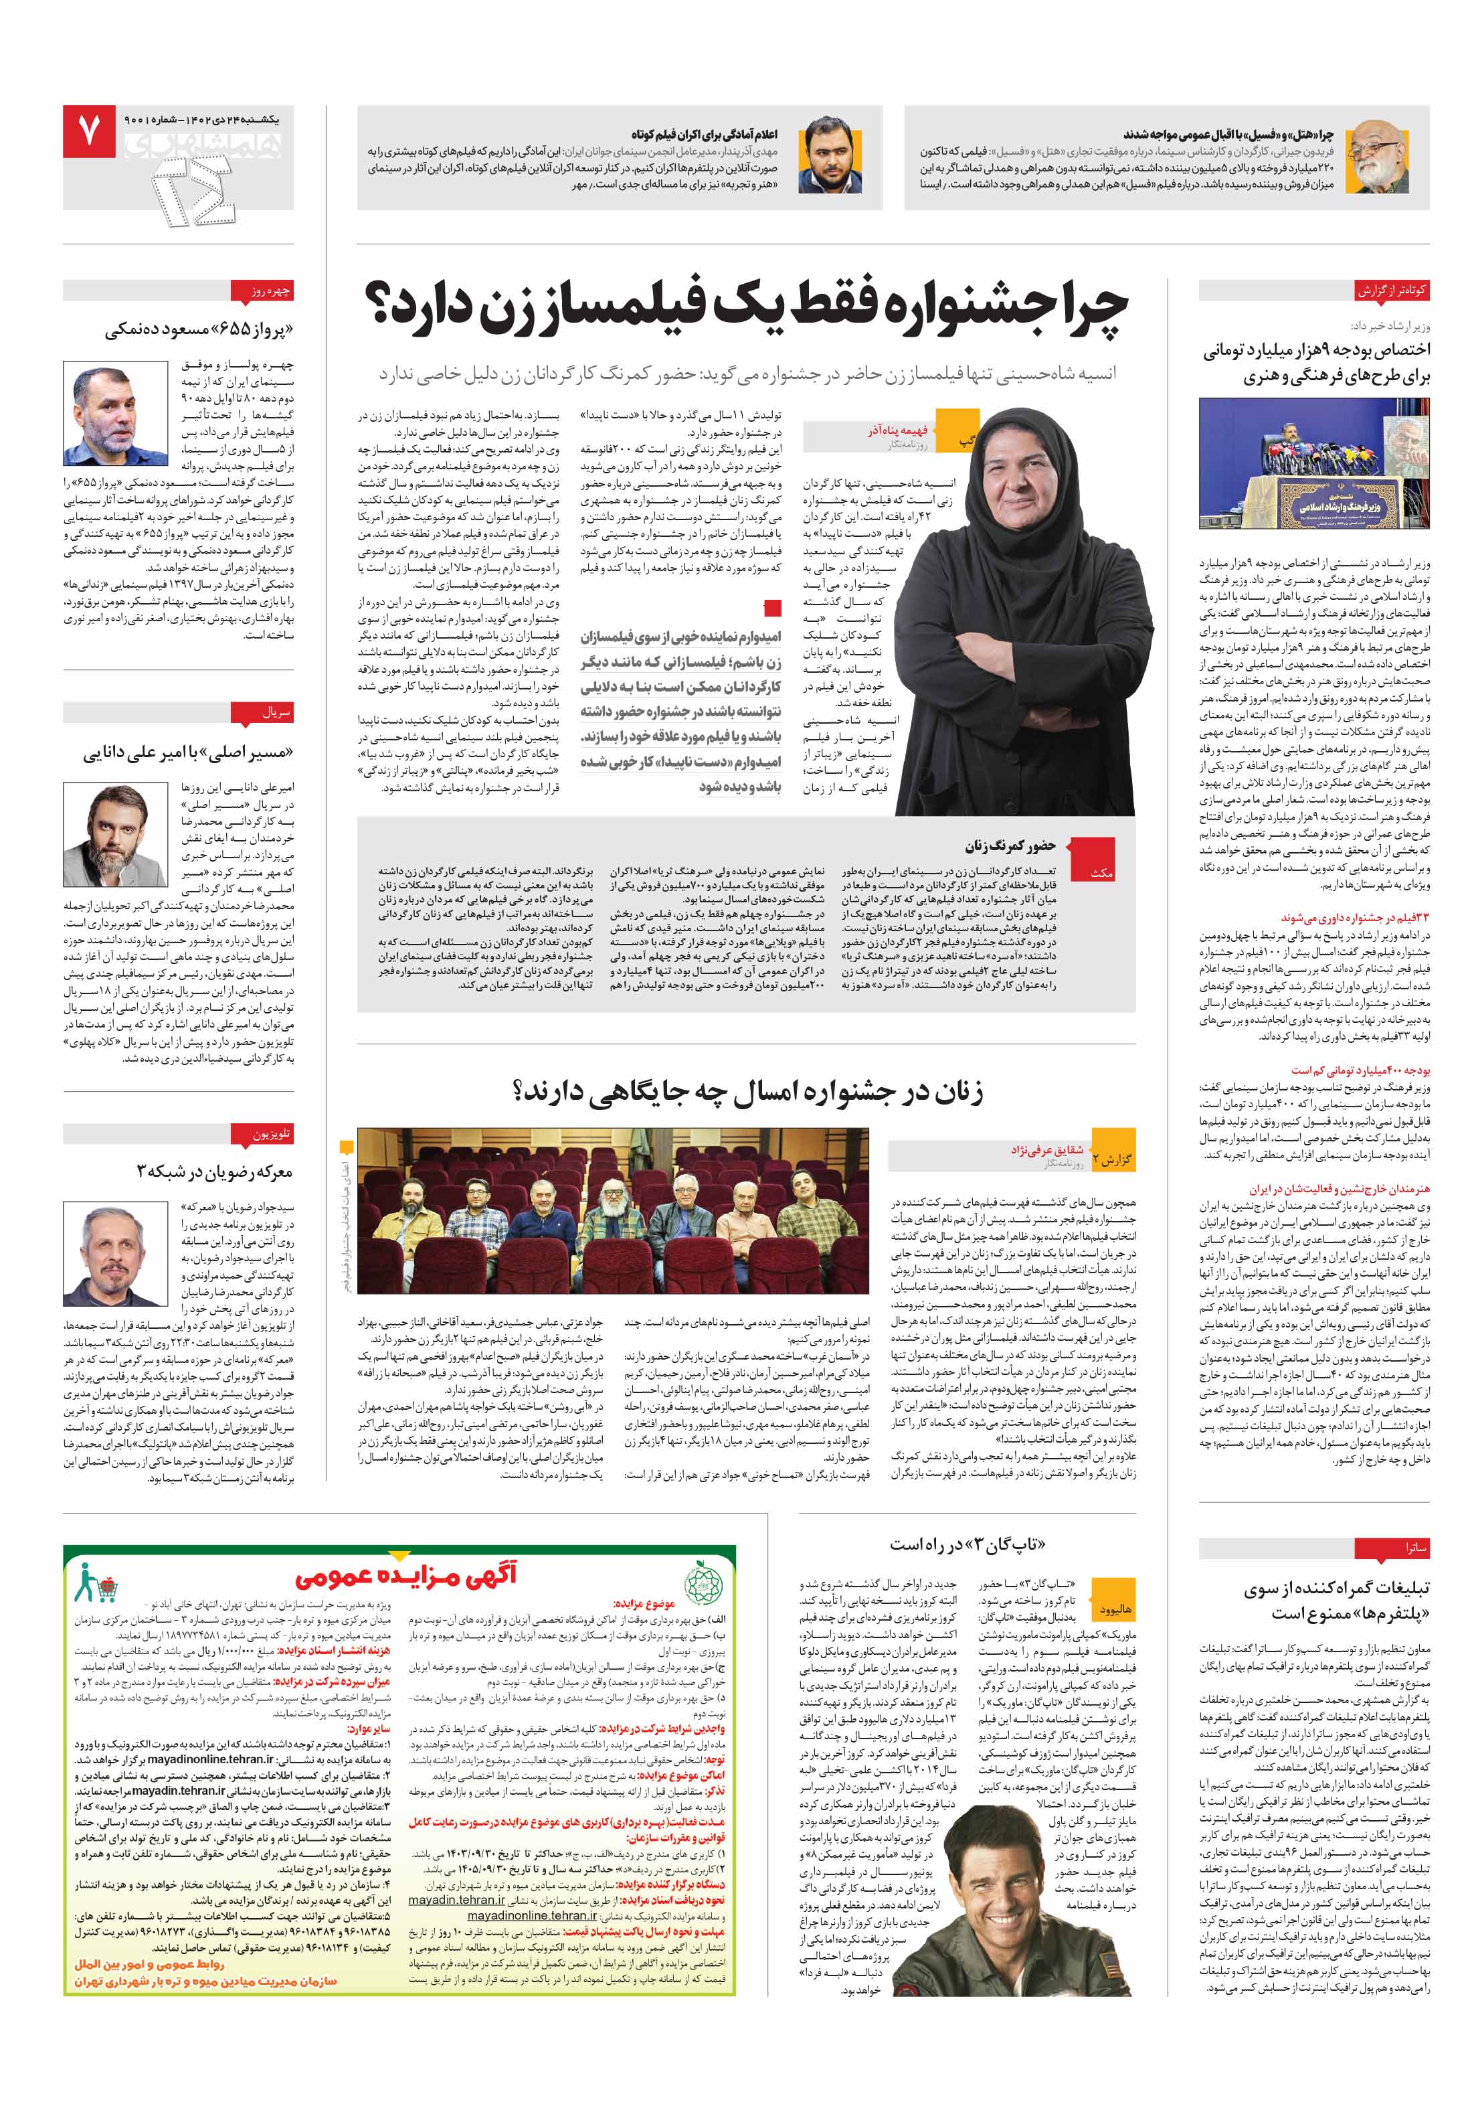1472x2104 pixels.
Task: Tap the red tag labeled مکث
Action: (x=1103, y=872)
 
